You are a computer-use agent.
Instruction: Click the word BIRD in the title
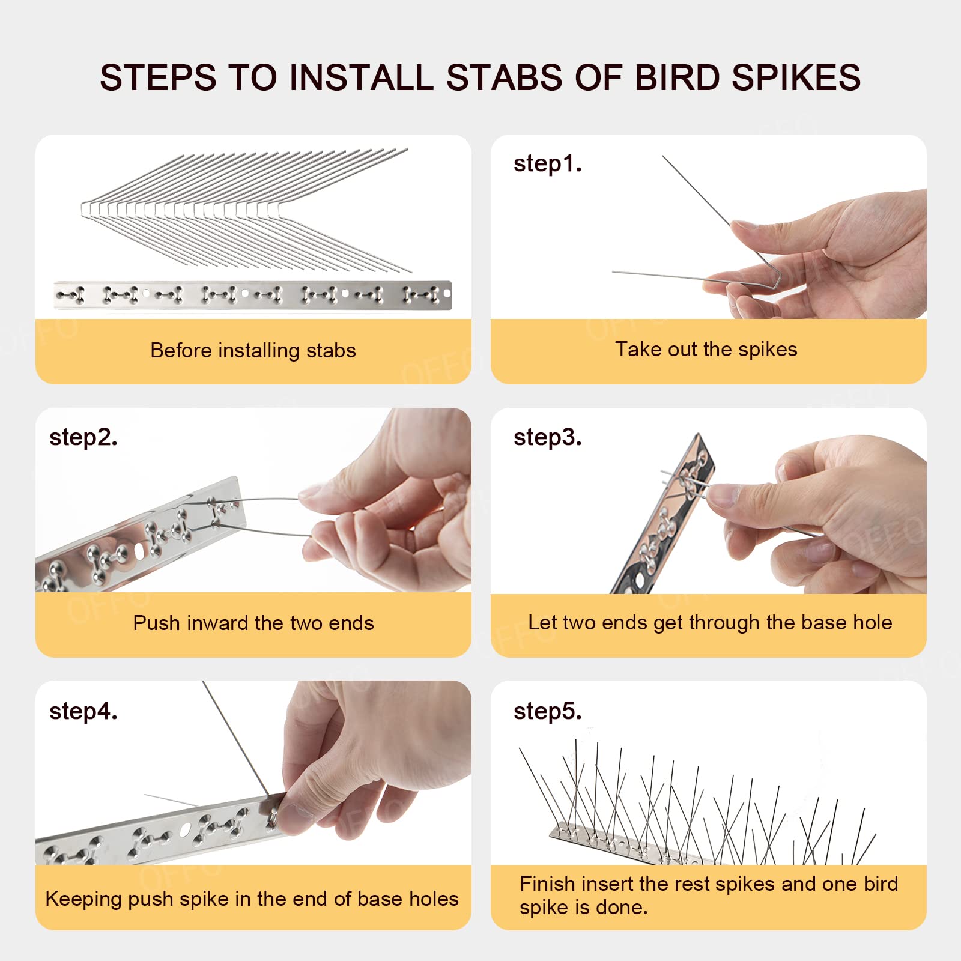(x=677, y=77)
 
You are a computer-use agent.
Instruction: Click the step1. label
(x=547, y=163)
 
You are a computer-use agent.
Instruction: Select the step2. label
(x=83, y=437)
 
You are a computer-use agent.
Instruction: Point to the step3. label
(x=547, y=437)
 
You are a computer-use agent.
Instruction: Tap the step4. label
(x=83, y=711)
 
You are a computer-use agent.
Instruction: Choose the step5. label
(x=547, y=711)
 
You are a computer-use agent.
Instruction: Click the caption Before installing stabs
(x=253, y=350)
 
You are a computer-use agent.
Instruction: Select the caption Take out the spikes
(x=706, y=349)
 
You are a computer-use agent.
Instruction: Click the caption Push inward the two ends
(x=253, y=623)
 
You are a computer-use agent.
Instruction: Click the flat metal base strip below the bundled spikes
(x=252, y=295)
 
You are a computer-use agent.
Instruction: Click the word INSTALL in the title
(x=361, y=77)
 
